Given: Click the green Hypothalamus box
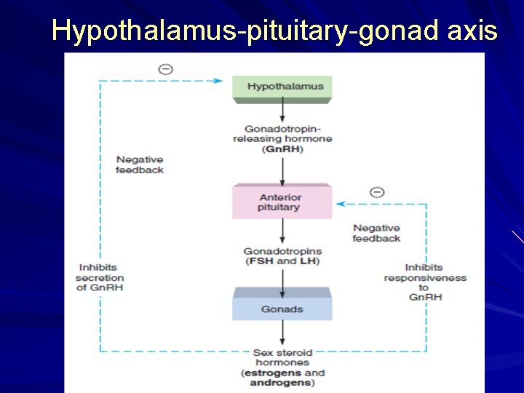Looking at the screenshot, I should click(282, 87).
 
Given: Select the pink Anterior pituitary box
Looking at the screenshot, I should click(282, 202).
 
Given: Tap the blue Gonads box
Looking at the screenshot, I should click(282, 309).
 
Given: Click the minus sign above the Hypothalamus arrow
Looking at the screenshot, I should click(165, 69).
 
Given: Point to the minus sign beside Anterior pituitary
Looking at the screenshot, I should click(377, 192).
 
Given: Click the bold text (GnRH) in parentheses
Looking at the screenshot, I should click(283, 149).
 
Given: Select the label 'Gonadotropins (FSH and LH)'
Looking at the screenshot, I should click(282, 256).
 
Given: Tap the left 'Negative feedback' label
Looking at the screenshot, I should click(140, 164).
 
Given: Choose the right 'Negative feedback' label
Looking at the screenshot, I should click(376, 233).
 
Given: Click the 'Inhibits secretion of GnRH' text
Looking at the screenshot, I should click(100, 277).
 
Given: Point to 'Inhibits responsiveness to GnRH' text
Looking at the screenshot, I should click(425, 282).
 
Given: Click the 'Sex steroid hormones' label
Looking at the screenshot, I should click(282, 357).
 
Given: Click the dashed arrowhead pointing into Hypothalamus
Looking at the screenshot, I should click(218, 81).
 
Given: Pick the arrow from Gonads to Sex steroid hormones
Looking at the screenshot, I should click(282, 335).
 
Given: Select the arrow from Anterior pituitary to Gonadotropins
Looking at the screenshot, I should click(282, 232).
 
